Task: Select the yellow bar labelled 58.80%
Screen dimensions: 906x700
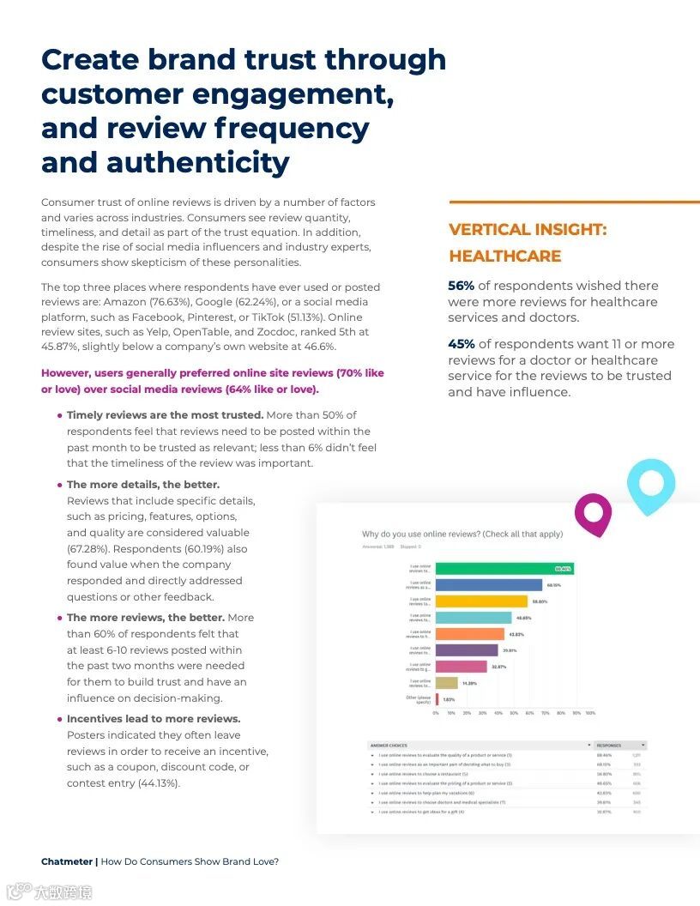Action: [x=481, y=601]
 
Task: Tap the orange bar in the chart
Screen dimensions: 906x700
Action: [x=470, y=634]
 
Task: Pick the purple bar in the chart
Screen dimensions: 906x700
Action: [x=467, y=650]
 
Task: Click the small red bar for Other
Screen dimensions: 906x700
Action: [x=437, y=699]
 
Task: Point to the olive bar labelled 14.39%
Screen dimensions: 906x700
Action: [x=447, y=683]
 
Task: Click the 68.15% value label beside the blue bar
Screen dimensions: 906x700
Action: [x=553, y=585]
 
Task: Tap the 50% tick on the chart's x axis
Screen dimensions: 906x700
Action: [x=514, y=713]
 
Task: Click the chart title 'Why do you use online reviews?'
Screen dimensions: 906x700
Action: [x=462, y=534]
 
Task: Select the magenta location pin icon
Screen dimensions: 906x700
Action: [x=593, y=511]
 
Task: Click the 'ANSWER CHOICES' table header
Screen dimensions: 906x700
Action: [x=389, y=746]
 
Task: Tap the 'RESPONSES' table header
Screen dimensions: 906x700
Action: [x=609, y=746]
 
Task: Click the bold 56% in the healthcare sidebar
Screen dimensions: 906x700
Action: [x=461, y=286]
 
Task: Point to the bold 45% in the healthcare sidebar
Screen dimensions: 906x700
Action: [x=461, y=344]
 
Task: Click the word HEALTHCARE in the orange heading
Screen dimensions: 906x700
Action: [x=504, y=257]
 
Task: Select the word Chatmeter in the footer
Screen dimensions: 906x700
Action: [x=67, y=861]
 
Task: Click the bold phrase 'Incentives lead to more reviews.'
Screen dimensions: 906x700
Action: [x=154, y=719]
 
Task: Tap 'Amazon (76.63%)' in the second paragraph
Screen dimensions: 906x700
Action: [x=184, y=302]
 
